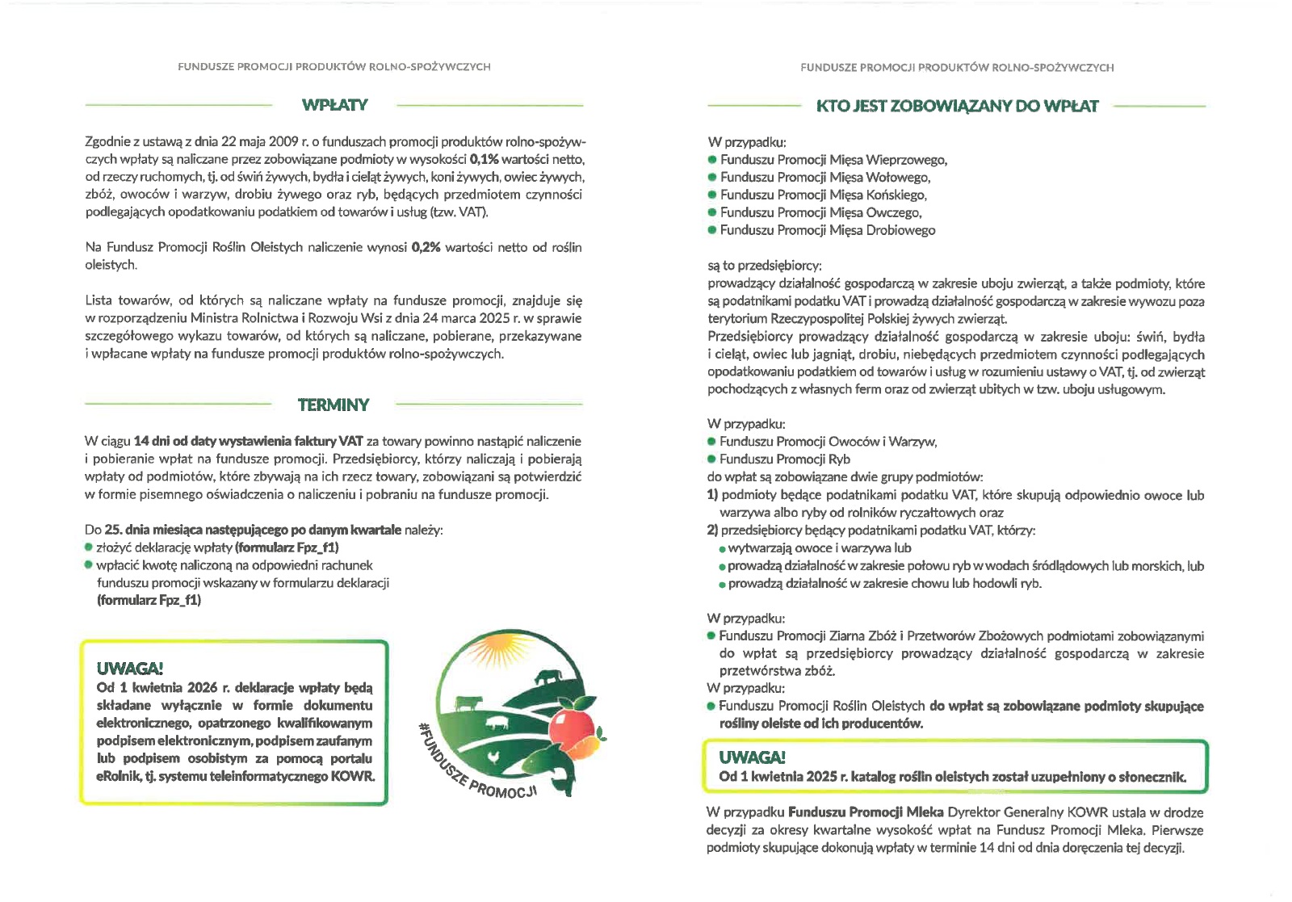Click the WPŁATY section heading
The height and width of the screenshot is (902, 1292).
pyautogui.click(x=334, y=105)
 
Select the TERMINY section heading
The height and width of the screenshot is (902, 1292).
pyautogui.click(x=333, y=405)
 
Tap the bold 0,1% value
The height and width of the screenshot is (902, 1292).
pyautogui.click(x=484, y=159)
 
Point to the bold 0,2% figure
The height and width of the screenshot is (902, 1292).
pyautogui.click(x=426, y=247)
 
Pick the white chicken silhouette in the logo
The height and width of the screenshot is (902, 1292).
pyautogui.click(x=493, y=757)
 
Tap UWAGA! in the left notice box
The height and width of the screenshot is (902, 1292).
pyautogui.click(x=129, y=669)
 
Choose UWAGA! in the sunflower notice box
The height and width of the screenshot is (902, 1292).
pyautogui.click(x=752, y=757)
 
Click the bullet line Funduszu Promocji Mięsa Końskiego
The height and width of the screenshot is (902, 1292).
pyautogui.click(x=823, y=195)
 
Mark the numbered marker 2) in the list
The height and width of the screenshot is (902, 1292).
pyautogui.click(x=712, y=531)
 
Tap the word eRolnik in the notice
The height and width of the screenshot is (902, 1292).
pyautogui.click(x=117, y=777)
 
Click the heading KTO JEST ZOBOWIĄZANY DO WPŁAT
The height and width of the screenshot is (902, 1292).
pyautogui.click(x=957, y=107)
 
